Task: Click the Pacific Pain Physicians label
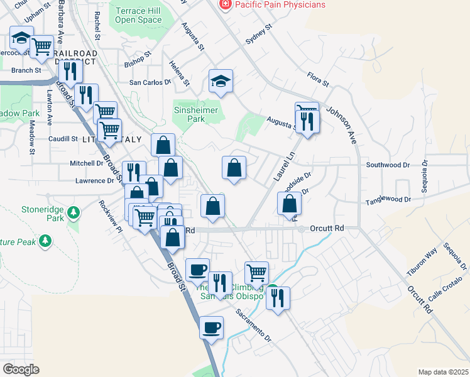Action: pyautogui.click(x=280, y=5)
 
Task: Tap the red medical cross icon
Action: pyautogui.click(x=224, y=4)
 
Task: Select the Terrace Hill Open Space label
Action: pyautogui.click(x=138, y=15)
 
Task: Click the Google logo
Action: pyautogui.click(x=21, y=369)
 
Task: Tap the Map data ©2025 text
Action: pyautogui.click(x=443, y=371)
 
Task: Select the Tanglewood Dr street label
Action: pyautogui.click(x=388, y=200)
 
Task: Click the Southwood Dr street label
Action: pyautogui.click(x=388, y=165)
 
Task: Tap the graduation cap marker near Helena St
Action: pyautogui.click(x=221, y=81)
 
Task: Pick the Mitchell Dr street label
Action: pyautogui.click(x=87, y=163)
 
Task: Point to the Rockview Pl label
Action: pyautogui.click(x=109, y=216)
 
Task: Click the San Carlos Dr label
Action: pyautogui.click(x=150, y=82)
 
